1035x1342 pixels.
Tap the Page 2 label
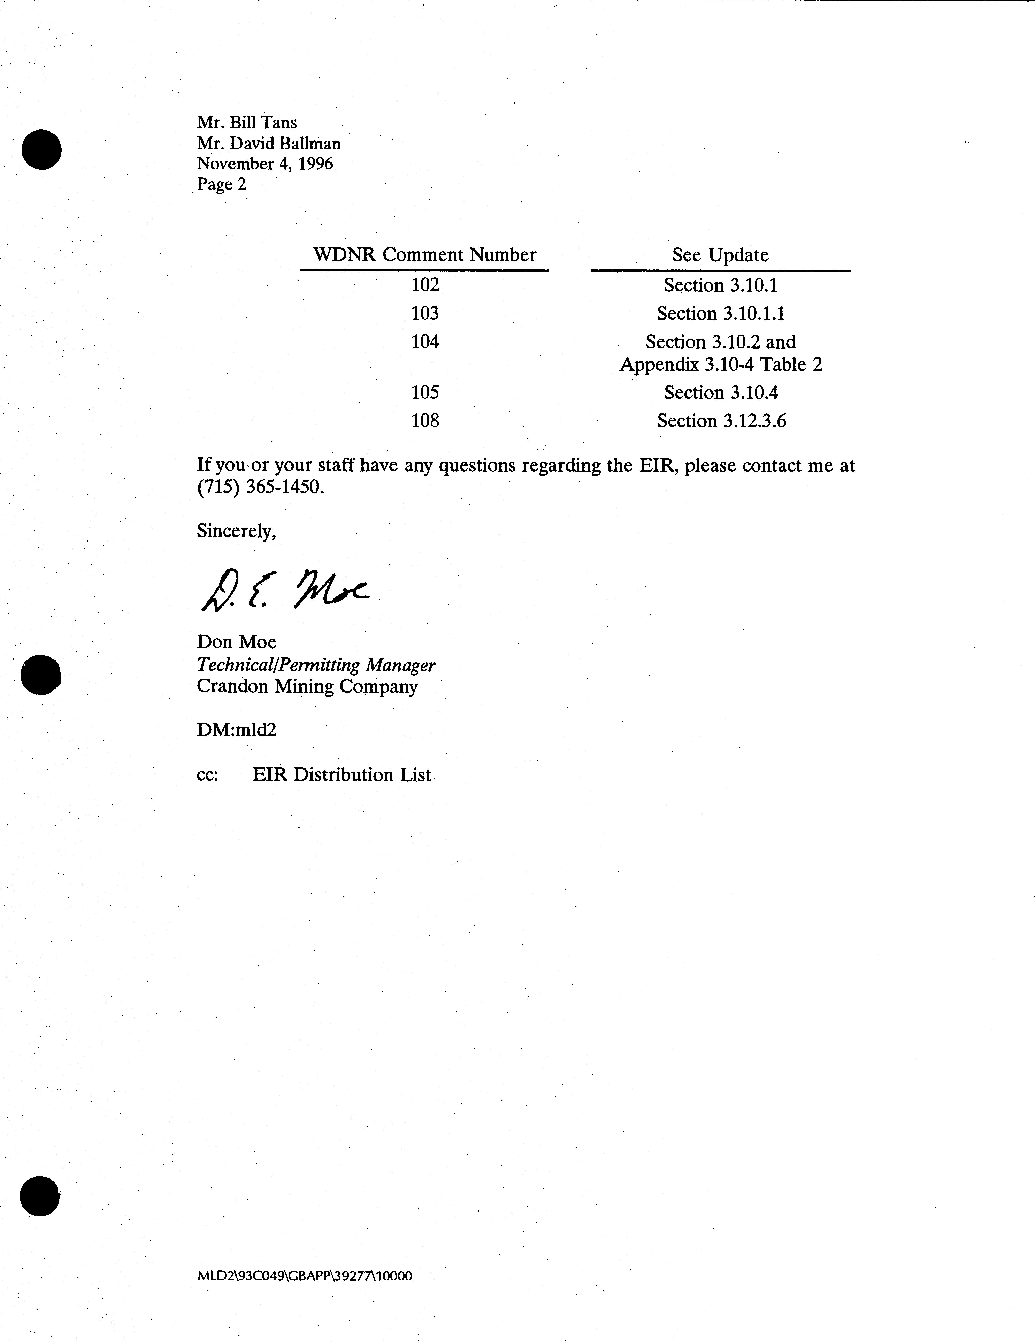(x=221, y=184)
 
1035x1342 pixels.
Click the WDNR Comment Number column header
(x=424, y=255)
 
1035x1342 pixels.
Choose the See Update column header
(x=720, y=255)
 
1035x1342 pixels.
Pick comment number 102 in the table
(x=425, y=285)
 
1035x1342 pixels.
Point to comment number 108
(x=425, y=421)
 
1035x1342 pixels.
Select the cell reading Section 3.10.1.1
(x=721, y=314)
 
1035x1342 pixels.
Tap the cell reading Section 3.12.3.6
(x=721, y=421)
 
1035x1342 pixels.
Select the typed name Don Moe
(x=236, y=642)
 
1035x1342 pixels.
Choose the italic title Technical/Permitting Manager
(x=315, y=665)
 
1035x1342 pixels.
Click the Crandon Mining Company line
(x=307, y=686)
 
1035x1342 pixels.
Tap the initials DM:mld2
(x=236, y=730)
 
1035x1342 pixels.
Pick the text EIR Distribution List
(x=341, y=775)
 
